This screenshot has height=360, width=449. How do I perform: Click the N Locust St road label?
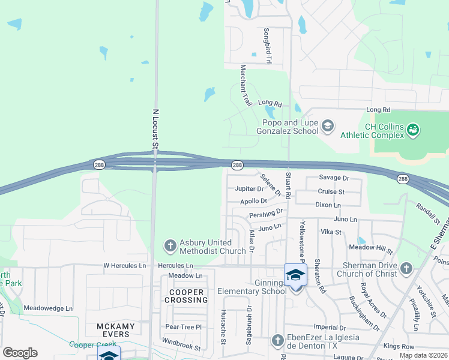155,128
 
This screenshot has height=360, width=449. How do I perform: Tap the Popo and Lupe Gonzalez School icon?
327,126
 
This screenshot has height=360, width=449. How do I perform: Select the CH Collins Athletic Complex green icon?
413,129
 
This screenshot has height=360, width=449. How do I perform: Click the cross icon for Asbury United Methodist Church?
170,245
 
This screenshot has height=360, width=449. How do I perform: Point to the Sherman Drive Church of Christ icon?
406,268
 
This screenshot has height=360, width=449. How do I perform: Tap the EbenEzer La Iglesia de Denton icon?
277,340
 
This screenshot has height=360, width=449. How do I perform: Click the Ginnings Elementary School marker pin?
295,277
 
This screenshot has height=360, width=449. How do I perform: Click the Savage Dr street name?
334,178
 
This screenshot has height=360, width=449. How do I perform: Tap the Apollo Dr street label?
253,201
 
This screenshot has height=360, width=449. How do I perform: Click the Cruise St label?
331,192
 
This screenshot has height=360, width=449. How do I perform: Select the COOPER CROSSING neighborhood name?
185,296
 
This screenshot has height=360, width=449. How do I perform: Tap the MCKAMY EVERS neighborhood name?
113,330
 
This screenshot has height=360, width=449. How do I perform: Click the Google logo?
20,352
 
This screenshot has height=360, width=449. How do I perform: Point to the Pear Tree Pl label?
183,327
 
